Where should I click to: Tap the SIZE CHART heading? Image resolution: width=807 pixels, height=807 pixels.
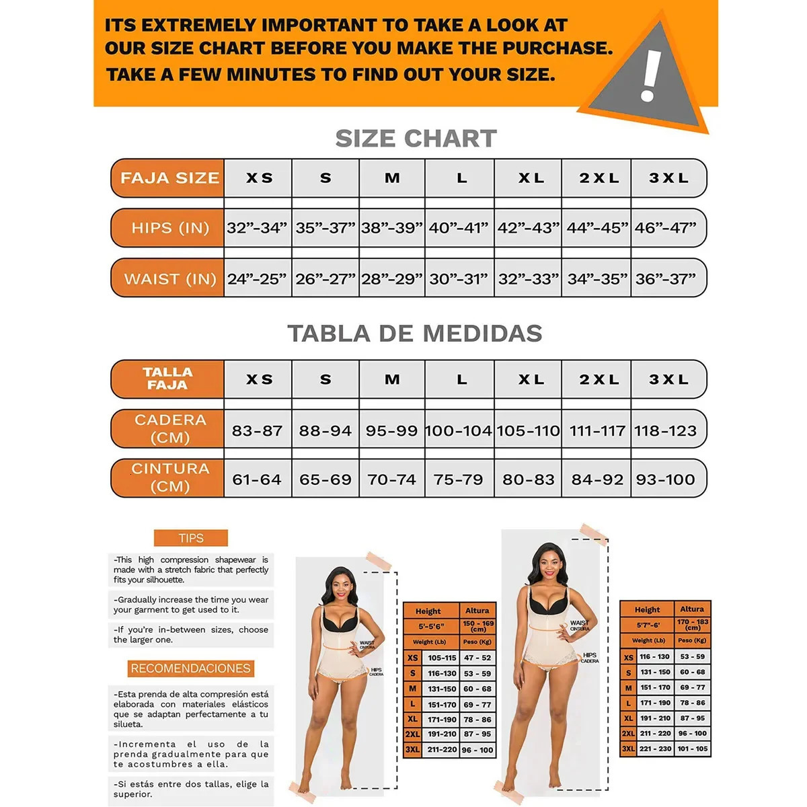click(x=416, y=139)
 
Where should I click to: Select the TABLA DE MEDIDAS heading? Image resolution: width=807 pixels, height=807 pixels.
click(x=415, y=334)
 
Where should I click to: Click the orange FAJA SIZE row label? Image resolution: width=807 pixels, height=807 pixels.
click(x=169, y=178)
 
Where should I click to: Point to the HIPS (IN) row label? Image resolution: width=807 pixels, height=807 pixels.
click(x=169, y=228)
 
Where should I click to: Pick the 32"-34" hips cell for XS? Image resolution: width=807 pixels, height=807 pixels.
click(x=257, y=228)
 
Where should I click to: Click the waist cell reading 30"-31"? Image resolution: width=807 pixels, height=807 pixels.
click(x=460, y=278)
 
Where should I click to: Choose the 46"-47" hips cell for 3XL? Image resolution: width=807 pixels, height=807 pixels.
click(x=666, y=228)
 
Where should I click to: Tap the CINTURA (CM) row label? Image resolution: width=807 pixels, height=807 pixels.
click(x=169, y=477)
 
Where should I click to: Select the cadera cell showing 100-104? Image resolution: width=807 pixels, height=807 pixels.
click(x=459, y=430)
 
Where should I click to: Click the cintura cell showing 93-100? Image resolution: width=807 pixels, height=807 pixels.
click(x=666, y=479)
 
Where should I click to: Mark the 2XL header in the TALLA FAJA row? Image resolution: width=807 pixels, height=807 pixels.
click(x=599, y=379)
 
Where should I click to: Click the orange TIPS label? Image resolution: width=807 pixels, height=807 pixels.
click(x=191, y=538)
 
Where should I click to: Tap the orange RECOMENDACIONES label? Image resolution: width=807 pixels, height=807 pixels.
click(x=191, y=668)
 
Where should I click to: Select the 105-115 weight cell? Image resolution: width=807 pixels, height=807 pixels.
click(x=442, y=658)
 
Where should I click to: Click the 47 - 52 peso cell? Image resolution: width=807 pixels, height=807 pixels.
click(x=477, y=658)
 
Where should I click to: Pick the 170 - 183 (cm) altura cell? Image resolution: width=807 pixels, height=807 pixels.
click(x=692, y=625)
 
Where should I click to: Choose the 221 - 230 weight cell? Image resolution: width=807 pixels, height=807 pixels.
click(x=655, y=748)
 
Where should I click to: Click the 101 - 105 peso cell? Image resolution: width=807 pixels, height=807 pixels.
click(x=692, y=748)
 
